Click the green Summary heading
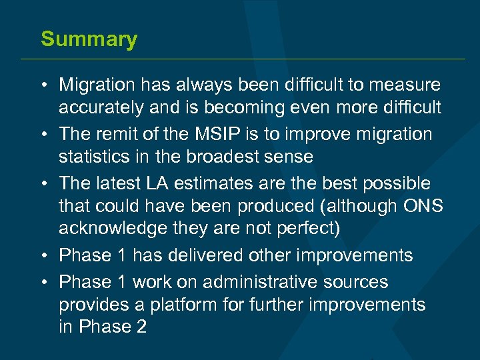(89, 39)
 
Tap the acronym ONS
(423, 206)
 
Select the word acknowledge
(113, 229)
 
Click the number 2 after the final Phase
(141, 327)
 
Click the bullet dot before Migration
(43, 85)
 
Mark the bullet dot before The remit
(43, 134)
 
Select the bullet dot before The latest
(43, 183)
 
